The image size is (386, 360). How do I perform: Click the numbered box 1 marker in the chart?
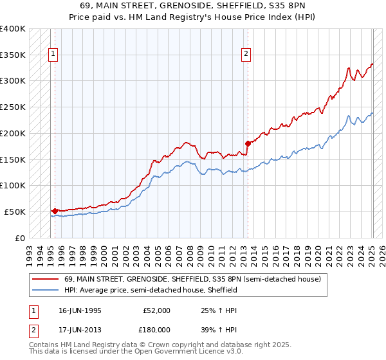pos(52,55)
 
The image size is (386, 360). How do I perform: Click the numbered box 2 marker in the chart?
pos(246,55)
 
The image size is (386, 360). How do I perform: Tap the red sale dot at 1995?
pos(55,210)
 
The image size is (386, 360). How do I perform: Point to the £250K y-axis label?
pos(12,107)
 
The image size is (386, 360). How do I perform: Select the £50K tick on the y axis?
pos(14,212)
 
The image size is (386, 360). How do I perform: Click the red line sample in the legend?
pos(46,279)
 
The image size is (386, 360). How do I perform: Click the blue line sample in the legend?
pos(46,290)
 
